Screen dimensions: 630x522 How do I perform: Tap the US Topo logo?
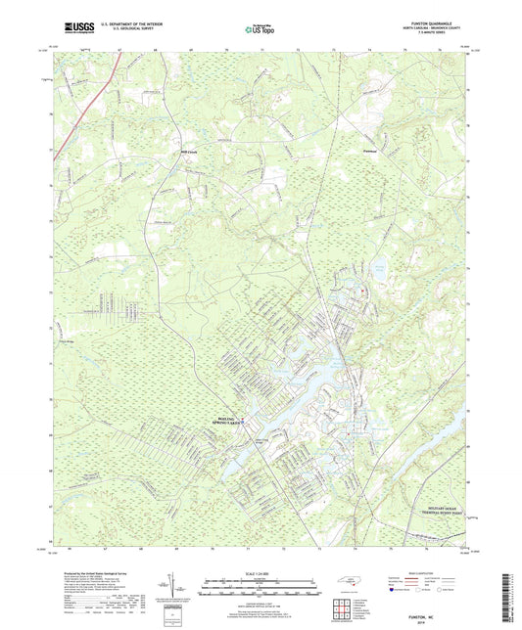(260, 29)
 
